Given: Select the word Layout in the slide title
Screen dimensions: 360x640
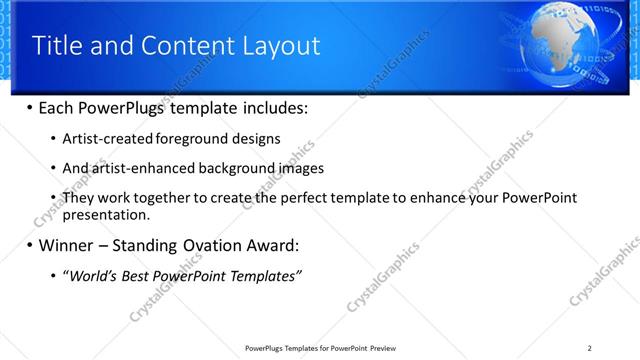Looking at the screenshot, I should (278, 46).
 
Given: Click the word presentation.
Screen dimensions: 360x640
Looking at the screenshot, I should (105, 214).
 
